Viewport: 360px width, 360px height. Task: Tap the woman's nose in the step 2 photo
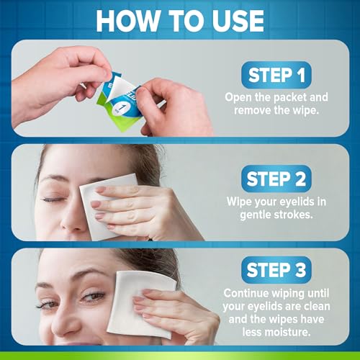pos(29,216)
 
